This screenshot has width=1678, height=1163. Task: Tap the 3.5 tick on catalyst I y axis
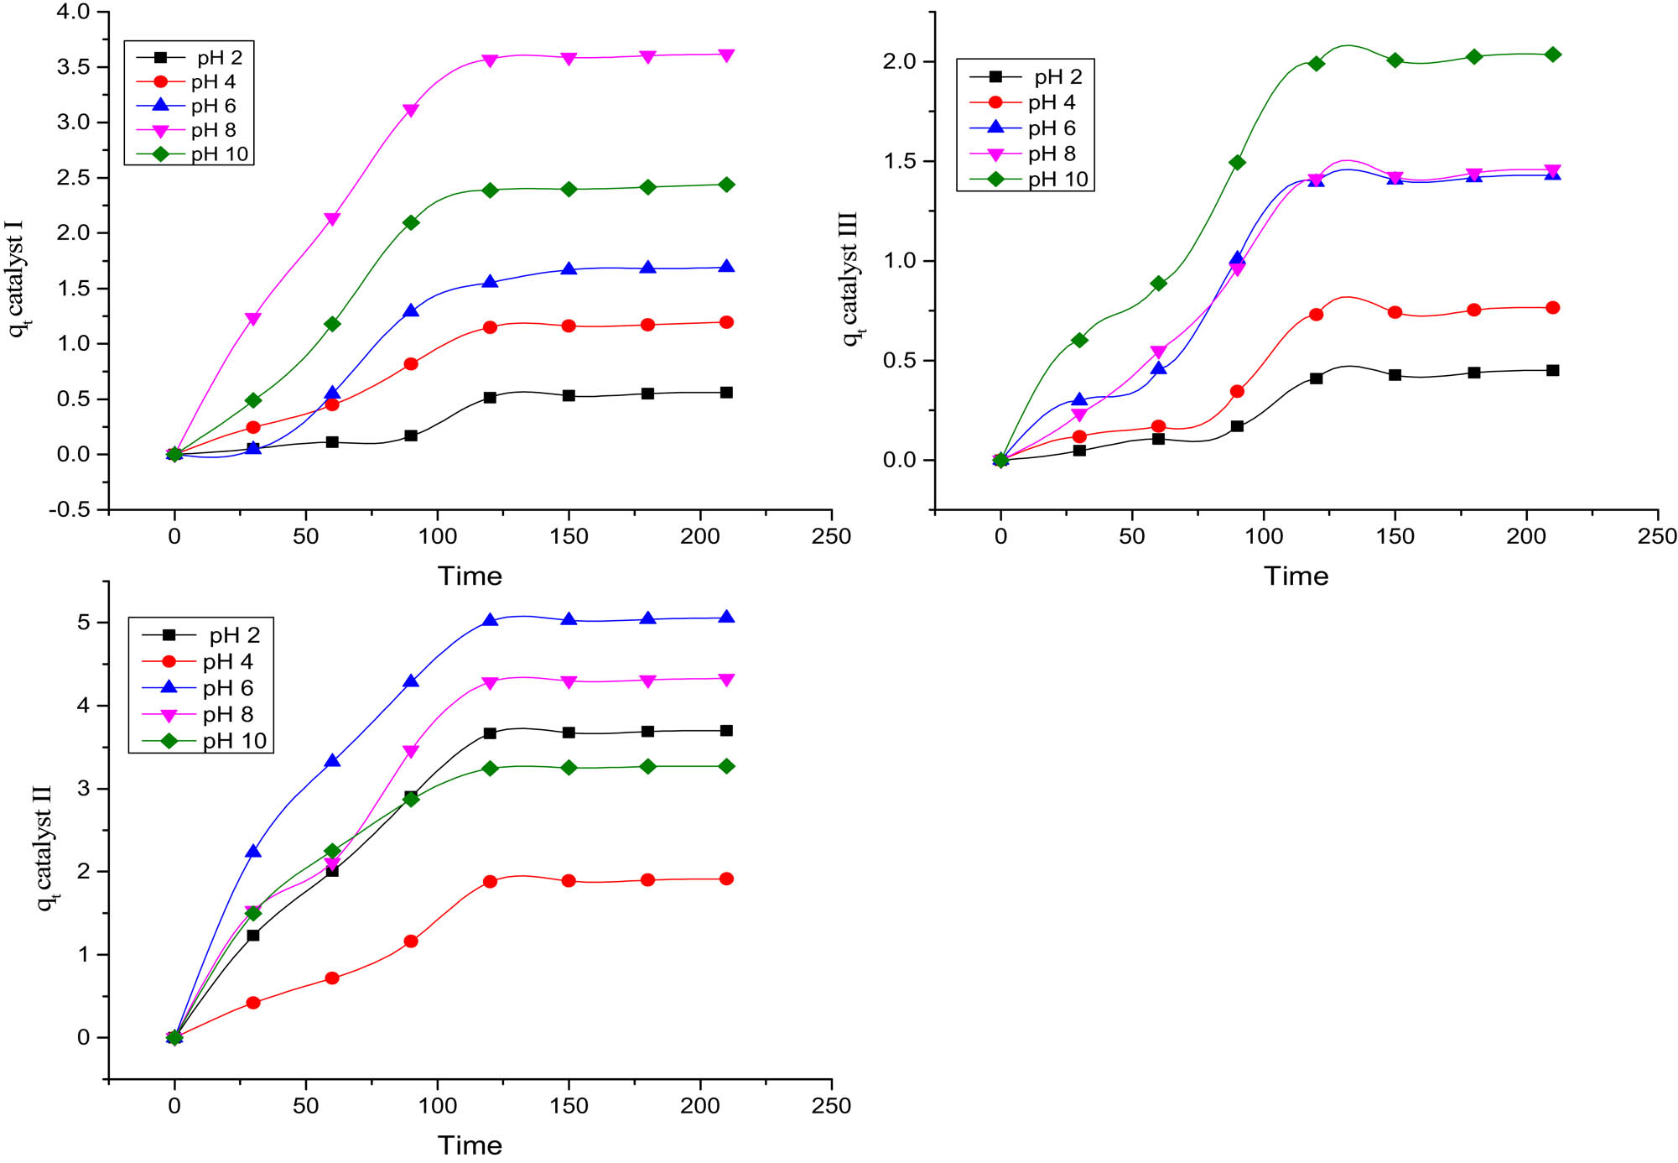pos(73,67)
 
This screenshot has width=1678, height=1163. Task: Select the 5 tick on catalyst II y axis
pos(82,623)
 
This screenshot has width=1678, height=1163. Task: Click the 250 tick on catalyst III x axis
pos(1656,536)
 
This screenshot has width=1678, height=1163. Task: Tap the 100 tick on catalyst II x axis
pos(437,1106)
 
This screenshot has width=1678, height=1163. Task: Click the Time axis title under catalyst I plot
pos(470,576)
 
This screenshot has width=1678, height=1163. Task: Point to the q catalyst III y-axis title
pos(850,278)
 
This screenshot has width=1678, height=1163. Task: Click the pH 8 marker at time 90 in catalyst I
pos(411,111)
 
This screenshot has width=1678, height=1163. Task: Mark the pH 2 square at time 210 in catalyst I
pos(726,393)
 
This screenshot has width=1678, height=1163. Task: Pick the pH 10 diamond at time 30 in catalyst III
pos(1079,340)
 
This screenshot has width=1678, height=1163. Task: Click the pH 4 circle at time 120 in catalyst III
pos(1316,315)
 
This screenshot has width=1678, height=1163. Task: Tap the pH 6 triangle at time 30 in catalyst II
pos(253,852)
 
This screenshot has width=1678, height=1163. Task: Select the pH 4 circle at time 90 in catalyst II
pos(411,941)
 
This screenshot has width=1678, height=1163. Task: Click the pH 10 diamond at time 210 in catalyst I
pos(726,185)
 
